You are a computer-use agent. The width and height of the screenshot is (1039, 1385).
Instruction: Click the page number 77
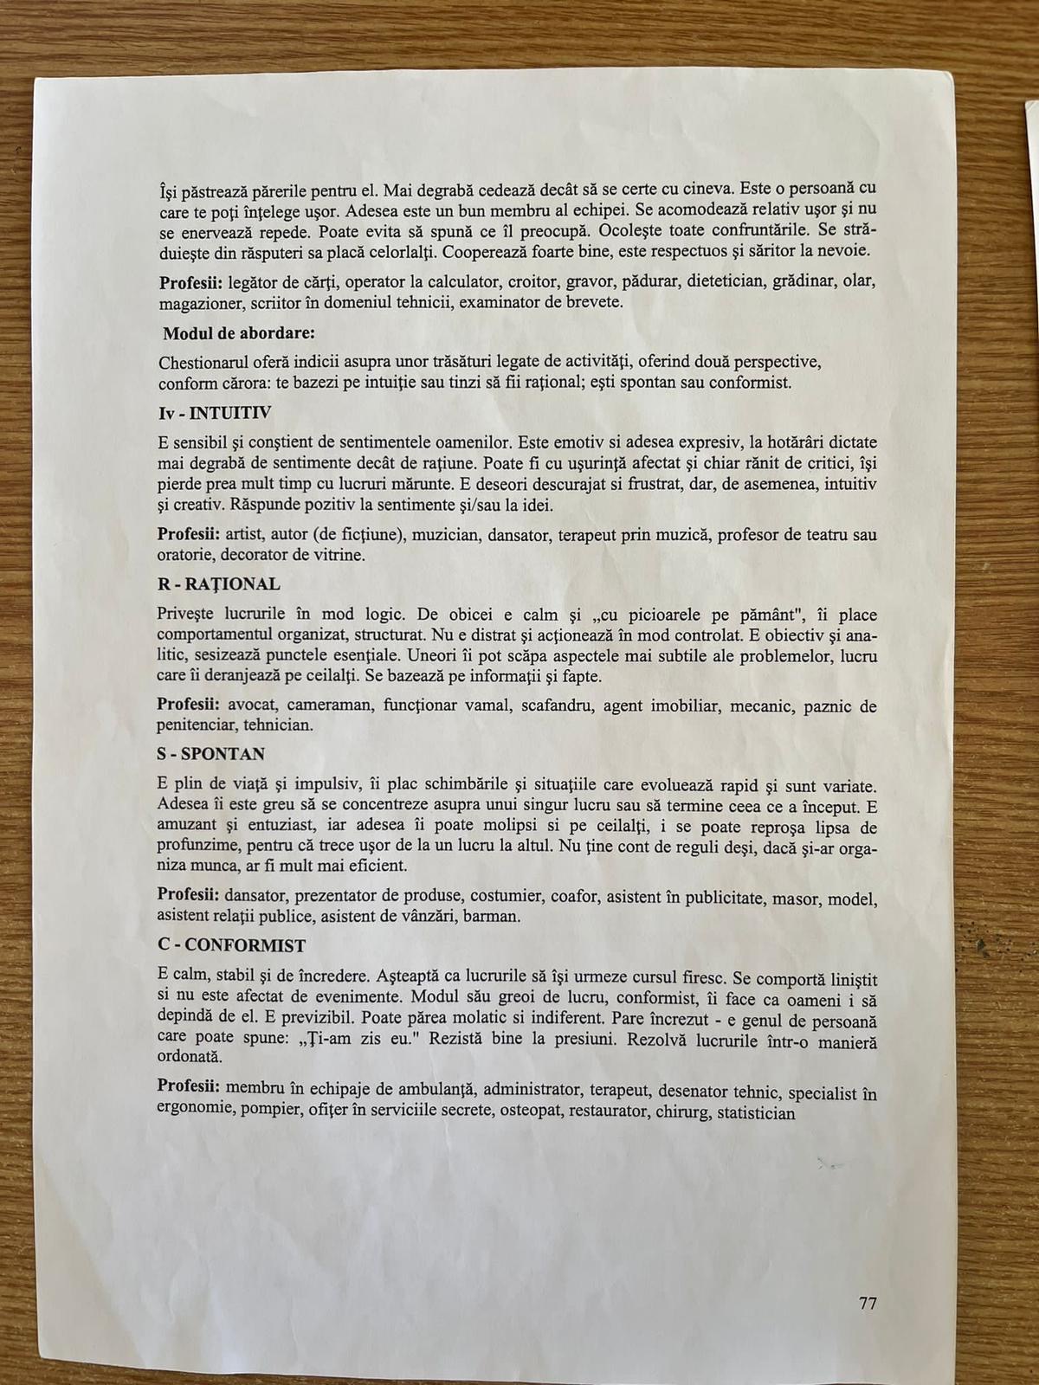pyautogui.click(x=868, y=1303)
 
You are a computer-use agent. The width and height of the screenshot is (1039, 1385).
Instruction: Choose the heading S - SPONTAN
pyautogui.click(x=210, y=753)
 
